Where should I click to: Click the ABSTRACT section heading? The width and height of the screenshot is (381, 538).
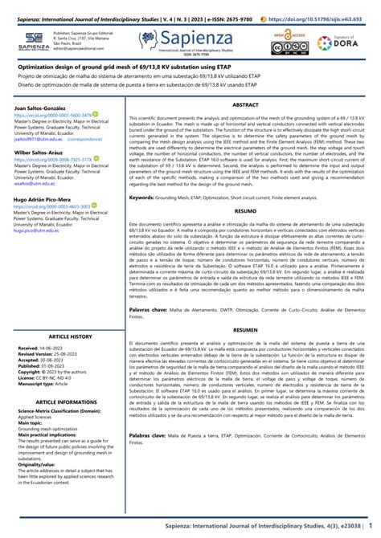(244, 104)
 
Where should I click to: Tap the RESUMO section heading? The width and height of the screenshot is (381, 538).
(244, 210)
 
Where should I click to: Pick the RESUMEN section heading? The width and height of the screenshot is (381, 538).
(244, 329)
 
